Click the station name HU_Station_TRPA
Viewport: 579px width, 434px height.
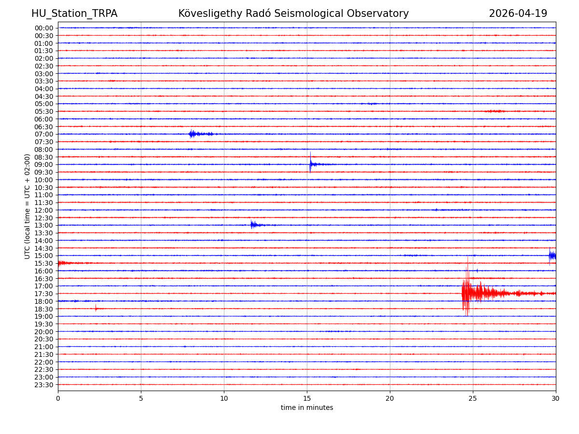(74, 14)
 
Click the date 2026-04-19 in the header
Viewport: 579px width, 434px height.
(518, 14)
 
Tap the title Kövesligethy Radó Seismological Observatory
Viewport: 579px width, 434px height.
(293, 14)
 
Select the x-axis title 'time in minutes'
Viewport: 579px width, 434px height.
(307, 407)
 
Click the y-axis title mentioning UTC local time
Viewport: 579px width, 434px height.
(28, 206)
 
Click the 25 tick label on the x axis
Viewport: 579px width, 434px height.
(473, 399)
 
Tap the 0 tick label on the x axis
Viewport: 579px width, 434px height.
(58, 399)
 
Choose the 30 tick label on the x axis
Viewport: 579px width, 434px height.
(556, 399)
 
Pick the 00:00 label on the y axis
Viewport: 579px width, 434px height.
(44, 28)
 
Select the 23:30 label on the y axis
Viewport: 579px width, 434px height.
(44, 385)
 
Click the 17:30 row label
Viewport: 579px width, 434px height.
(44, 294)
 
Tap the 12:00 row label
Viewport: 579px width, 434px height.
(44, 210)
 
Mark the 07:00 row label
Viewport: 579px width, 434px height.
(44, 134)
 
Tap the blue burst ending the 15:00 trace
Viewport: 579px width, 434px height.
(551, 256)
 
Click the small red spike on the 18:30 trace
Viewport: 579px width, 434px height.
(96, 308)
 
